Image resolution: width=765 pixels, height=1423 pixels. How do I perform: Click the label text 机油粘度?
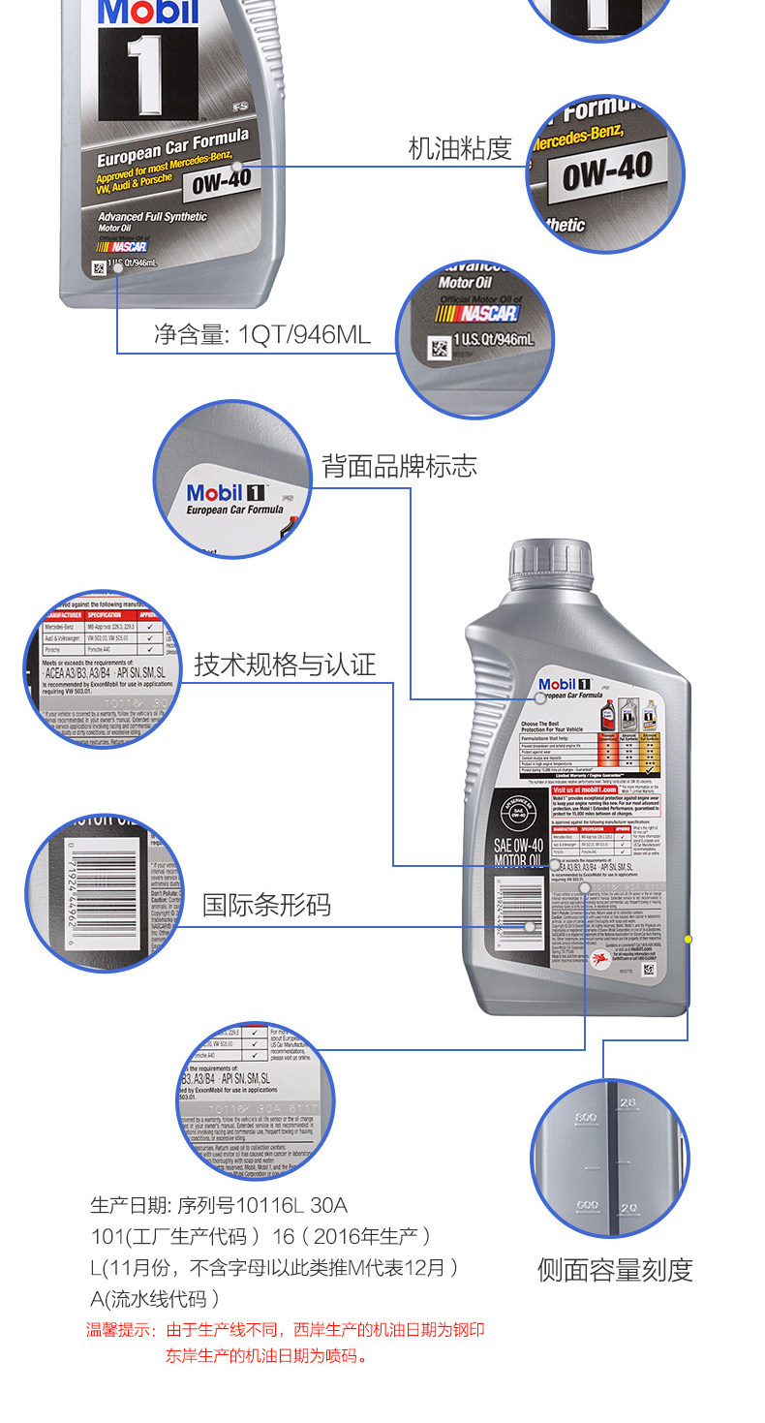tap(459, 148)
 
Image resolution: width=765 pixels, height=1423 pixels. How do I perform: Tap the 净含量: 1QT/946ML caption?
tap(261, 335)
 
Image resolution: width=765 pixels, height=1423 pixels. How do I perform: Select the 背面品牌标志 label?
tap(399, 466)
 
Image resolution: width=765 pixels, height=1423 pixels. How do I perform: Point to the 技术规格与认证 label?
tap(285, 665)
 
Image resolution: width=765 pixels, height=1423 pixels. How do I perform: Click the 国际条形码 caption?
tap(266, 905)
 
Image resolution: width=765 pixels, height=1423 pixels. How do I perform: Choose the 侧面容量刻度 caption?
tap(615, 1270)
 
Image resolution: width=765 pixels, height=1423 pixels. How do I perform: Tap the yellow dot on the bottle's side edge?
tap(688, 939)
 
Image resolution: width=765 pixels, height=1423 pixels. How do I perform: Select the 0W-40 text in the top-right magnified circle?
tap(607, 170)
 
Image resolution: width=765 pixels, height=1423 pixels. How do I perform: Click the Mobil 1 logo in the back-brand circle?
tap(228, 493)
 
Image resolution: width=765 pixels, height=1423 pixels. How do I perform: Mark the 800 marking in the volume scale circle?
tap(583, 1117)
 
